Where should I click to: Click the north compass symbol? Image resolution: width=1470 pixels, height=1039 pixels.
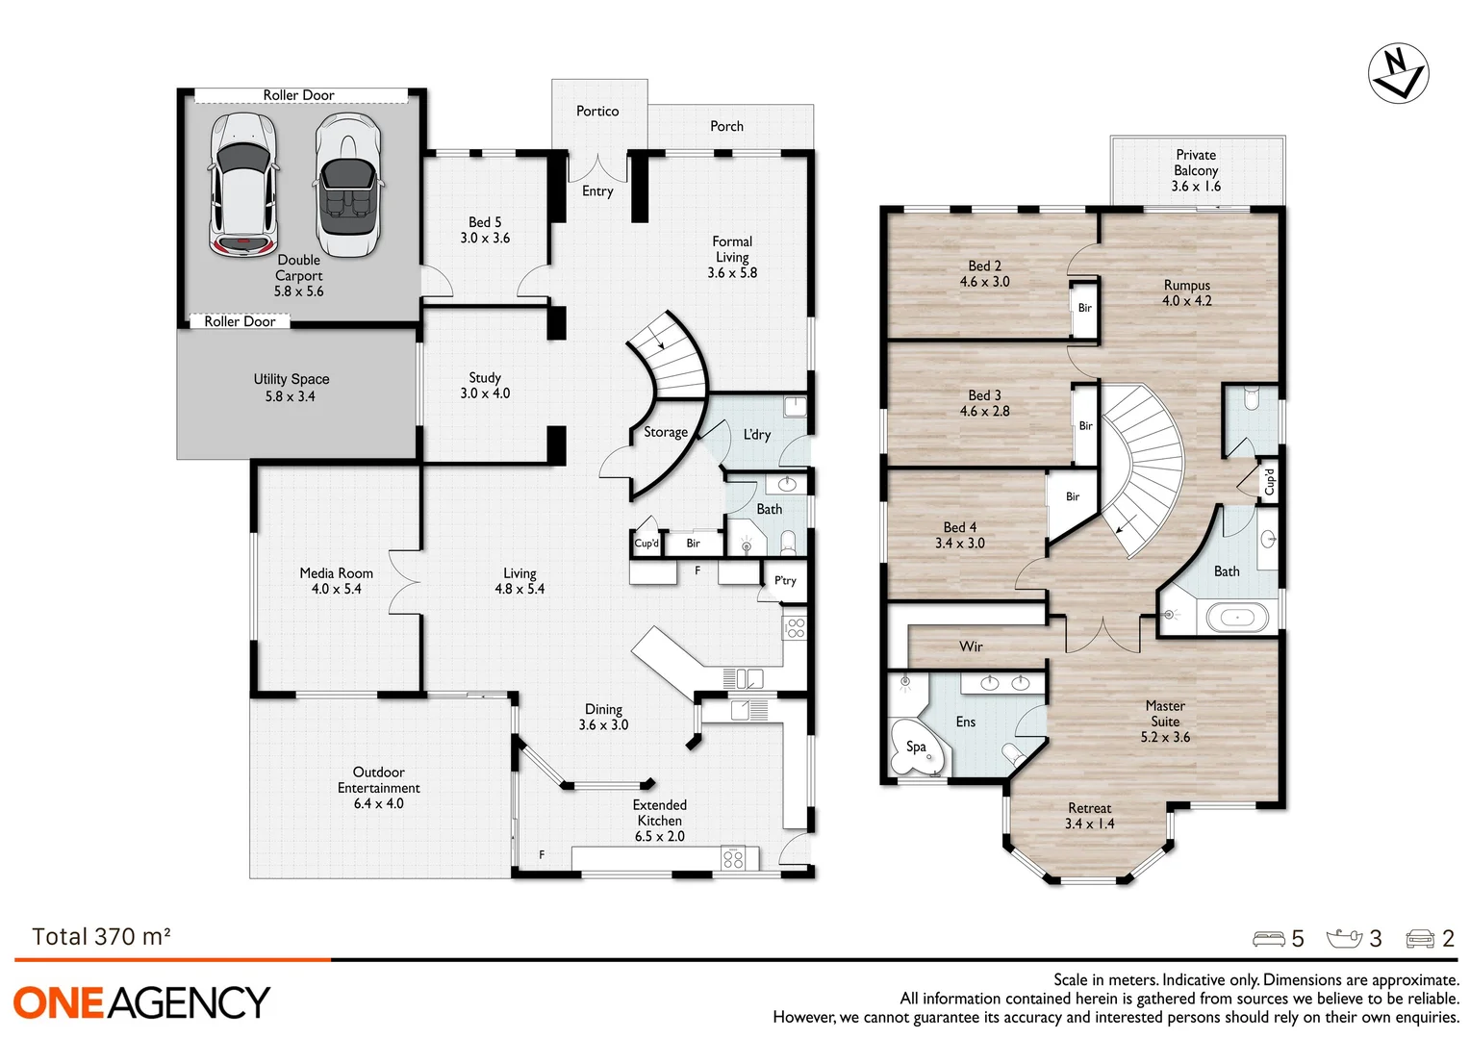click(1398, 72)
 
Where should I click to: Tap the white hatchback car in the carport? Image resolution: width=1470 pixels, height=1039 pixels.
click(243, 185)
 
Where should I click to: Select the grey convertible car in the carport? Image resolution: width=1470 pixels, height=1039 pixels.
click(347, 185)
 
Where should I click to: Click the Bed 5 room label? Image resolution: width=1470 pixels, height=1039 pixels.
click(485, 222)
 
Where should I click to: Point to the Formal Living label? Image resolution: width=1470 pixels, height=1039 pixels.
click(732, 249)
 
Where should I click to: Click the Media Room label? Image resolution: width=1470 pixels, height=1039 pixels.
click(336, 573)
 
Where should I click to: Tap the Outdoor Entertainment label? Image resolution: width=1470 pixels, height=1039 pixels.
click(378, 780)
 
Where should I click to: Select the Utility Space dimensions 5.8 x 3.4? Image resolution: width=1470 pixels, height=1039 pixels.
click(290, 396)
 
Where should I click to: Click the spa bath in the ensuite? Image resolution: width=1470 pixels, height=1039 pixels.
click(917, 748)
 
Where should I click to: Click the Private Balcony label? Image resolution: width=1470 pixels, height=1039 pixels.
click(1196, 163)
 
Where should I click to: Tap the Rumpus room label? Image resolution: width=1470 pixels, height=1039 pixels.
click(1186, 286)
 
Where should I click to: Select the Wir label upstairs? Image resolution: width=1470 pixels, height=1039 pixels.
click(971, 646)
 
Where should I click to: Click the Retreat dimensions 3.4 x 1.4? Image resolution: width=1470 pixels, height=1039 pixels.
click(1089, 824)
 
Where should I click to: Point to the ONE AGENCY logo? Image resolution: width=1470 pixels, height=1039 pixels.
click(141, 1002)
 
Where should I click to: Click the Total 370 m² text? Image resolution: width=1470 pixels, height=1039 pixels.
click(101, 937)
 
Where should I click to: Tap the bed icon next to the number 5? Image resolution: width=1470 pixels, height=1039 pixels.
click(1268, 939)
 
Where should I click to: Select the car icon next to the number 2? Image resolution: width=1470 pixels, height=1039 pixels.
click(1420, 939)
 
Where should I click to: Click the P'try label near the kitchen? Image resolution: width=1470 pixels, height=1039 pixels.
click(785, 580)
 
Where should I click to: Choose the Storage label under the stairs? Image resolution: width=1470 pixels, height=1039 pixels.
click(666, 433)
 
